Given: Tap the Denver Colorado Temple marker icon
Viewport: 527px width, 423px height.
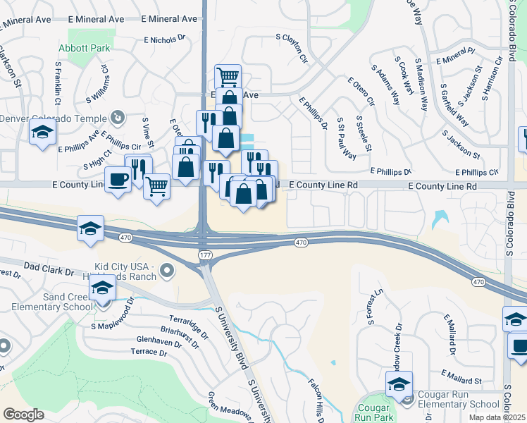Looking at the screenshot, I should pyautogui.click(x=118, y=117).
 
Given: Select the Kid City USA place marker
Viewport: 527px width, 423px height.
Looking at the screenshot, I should pyautogui.click(x=166, y=269).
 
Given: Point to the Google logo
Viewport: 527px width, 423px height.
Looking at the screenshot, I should pyautogui.click(x=23, y=415).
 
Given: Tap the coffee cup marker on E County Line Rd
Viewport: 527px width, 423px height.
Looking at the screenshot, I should pyautogui.click(x=118, y=178).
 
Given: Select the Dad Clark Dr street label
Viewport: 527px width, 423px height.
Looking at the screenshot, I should pyautogui.click(x=49, y=270).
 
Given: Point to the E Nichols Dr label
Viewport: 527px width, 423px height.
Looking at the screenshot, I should pyautogui.click(x=163, y=41).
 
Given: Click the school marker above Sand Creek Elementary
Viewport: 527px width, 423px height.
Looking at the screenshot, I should pyautogui.click(x=103, y=289).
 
